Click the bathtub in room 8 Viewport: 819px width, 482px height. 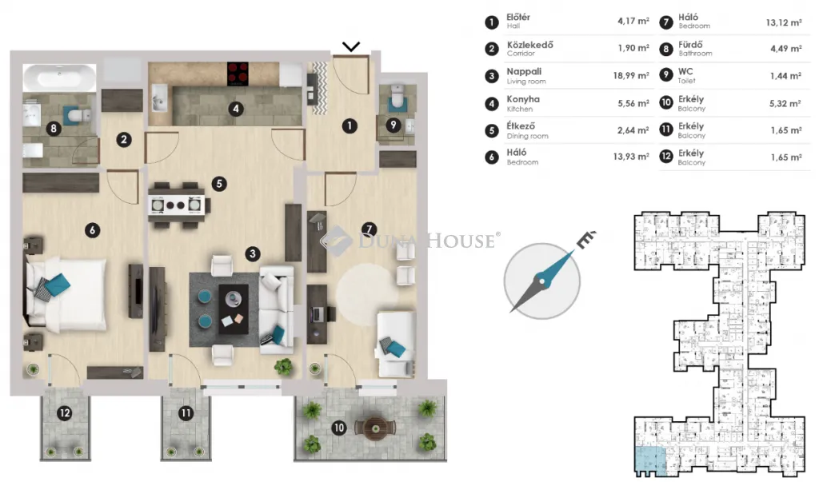tap(59, 78)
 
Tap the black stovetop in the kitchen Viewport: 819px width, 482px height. tap(238, 74)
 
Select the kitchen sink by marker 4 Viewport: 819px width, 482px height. tap(159, 98)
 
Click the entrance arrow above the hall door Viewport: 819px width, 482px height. tap(351, 47)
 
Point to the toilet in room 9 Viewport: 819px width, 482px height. tap(398, 96)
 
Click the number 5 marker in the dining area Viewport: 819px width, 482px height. tap(219, 184)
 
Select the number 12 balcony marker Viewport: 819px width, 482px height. tap(65, 413)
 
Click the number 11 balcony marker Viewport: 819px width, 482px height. tap(186, 413)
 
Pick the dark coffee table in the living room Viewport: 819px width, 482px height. tap(234, 309)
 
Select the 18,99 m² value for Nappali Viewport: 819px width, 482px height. tap(631, 76)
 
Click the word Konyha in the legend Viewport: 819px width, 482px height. tap(523, 98)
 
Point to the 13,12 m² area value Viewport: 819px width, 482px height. tap(784, 22)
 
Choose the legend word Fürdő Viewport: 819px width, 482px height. tap(690, 45)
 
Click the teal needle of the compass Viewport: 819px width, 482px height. tap(557, 267)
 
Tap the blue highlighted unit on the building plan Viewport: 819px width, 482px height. tap(651, 460)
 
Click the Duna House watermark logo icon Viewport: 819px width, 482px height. tap(335, 241)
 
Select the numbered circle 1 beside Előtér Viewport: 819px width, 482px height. tap(492, 22)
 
